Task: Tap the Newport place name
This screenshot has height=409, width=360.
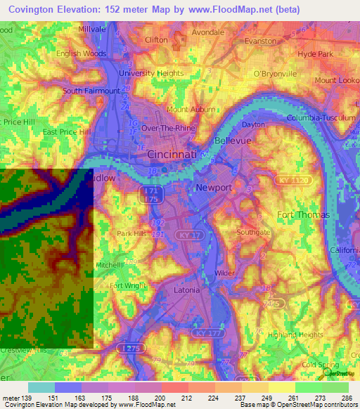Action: tap(213, 188)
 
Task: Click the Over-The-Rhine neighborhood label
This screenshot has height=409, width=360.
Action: tap(166, 129)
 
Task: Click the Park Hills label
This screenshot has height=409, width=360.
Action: tap(132, 234)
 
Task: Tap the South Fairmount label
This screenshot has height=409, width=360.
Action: tap(91, 91)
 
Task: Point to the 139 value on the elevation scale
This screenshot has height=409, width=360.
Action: tap(27, 398)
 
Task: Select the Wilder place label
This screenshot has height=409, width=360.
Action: tap(224, 273)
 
